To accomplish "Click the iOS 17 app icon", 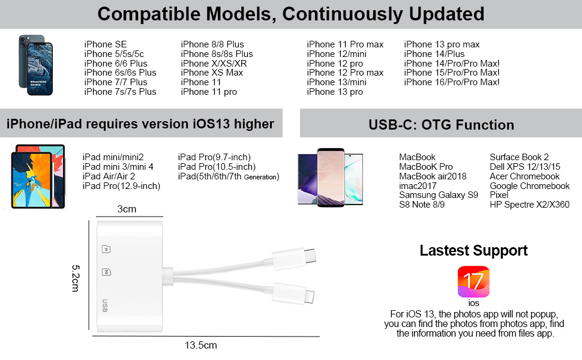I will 473,282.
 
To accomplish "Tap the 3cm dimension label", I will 126,209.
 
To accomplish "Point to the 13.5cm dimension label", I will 200,345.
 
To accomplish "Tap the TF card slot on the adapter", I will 106,248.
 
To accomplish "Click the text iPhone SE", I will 106,44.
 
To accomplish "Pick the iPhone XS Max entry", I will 212,73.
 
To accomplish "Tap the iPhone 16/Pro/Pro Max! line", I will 451,82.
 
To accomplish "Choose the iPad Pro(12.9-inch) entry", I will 121,186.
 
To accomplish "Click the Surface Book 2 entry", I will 519,157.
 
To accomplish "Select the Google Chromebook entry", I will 529,186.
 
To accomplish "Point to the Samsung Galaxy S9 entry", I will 438,195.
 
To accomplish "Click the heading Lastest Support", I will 473,250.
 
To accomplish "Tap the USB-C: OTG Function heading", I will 441,125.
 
